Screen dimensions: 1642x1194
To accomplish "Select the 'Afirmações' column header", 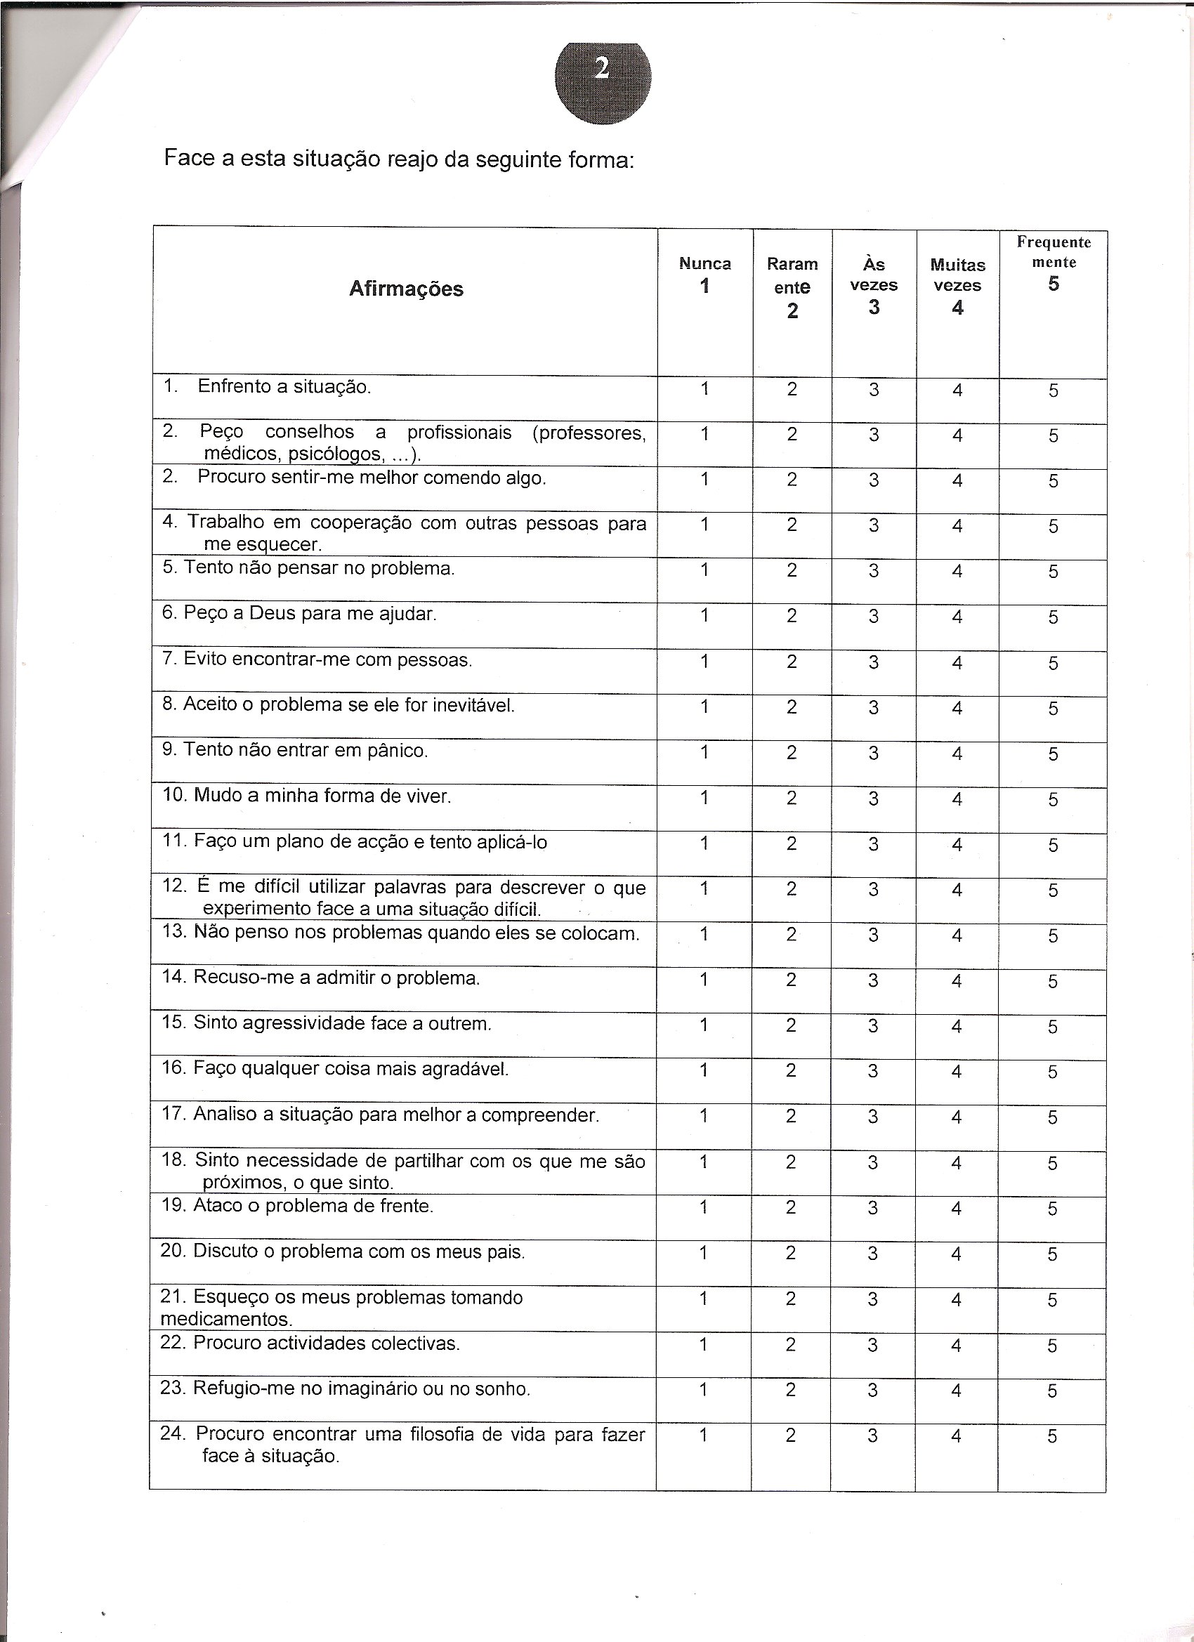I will click(x=405, y=289).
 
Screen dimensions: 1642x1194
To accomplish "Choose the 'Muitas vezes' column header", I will click(x=957, y=276).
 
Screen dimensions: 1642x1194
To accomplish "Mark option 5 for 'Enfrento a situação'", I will click(x=1053, y=391).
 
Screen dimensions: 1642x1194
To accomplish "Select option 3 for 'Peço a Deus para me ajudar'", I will click(x=874, y=617).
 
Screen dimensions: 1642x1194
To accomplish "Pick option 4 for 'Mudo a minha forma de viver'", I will click(x=957, y=799).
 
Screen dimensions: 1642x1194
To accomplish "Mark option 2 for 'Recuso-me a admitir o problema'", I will click(x=792, y=980).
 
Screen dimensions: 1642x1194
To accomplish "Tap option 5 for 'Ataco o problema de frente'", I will click(x=1053, y=1209).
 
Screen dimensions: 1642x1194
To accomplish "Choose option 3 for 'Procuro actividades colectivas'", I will click(x=872, y=1345).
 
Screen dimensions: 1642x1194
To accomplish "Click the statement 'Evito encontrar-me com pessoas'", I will click(x=317, y=660).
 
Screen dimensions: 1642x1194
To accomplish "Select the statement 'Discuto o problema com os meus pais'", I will click(x=343, y=1252).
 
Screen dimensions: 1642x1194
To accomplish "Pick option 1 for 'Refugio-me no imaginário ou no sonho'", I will click(x=703, y=1390).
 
